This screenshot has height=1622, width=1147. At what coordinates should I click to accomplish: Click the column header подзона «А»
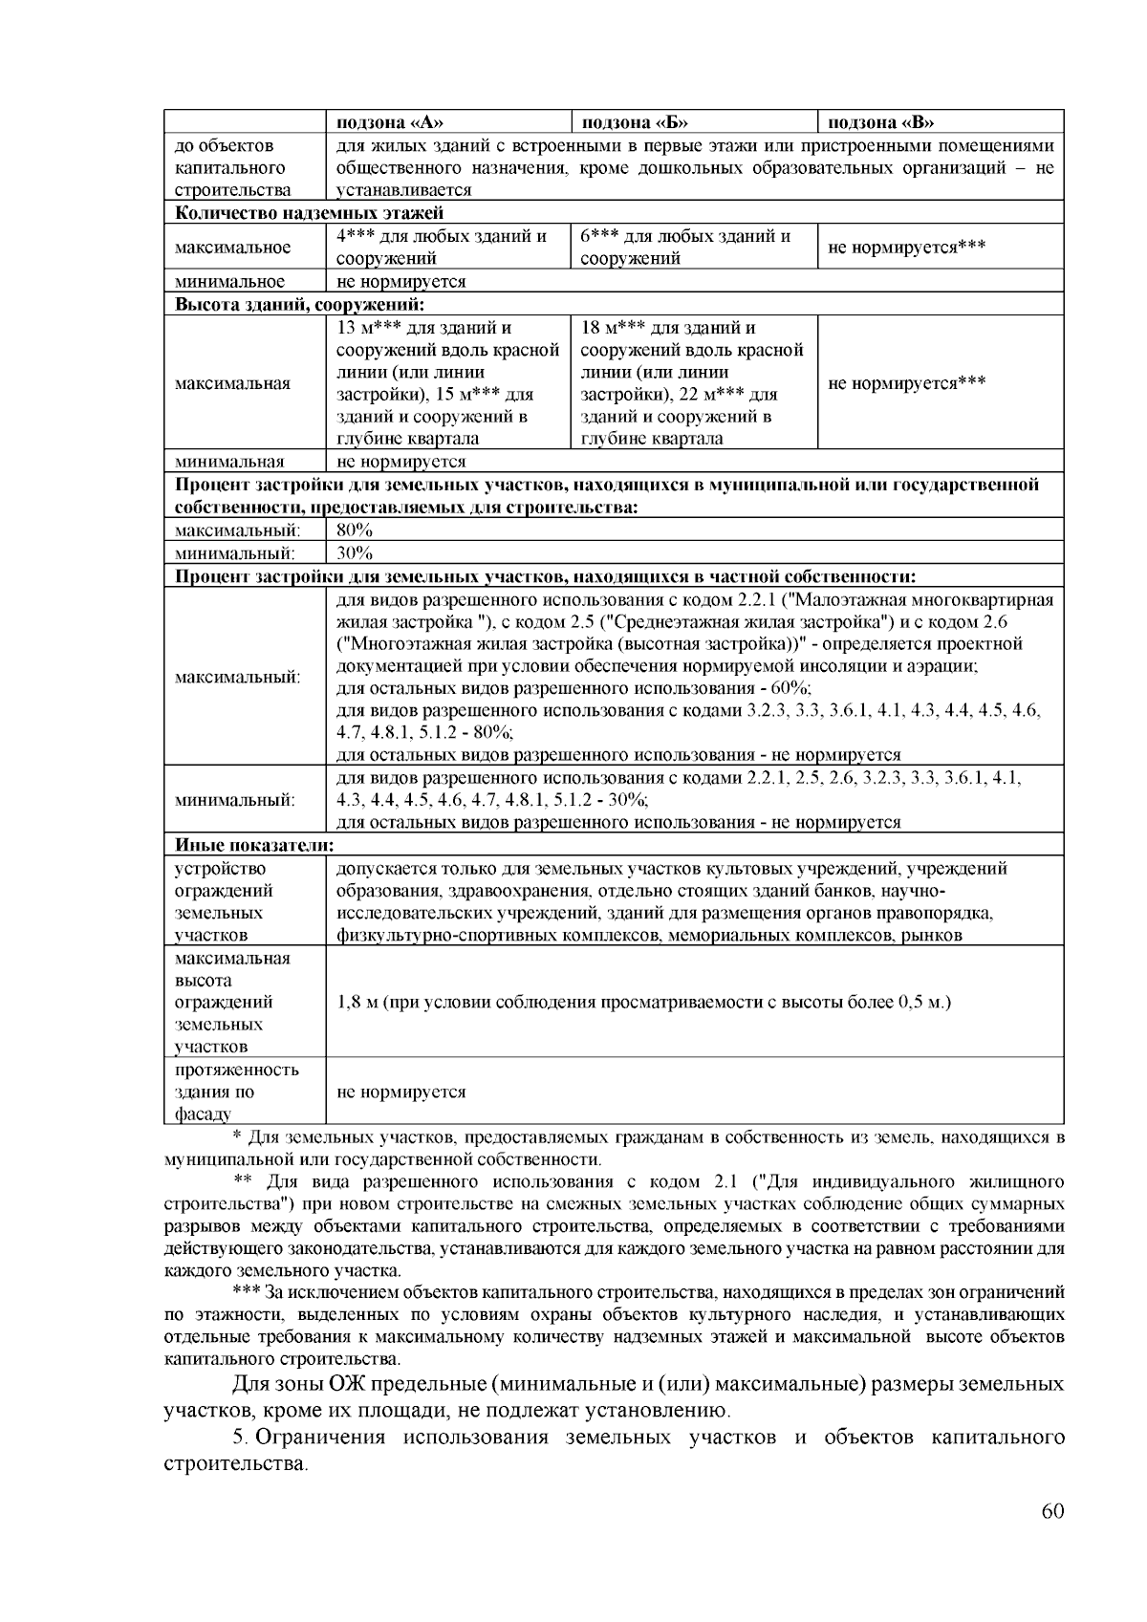(x=391, y=121)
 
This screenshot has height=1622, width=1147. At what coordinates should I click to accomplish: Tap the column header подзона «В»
(x=880, y=121)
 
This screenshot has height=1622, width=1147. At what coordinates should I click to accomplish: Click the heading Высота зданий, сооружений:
(x=299, y=304)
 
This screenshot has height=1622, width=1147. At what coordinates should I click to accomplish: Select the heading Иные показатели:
(x=254, y=845)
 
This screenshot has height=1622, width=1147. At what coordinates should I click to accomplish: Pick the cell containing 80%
(x=355, y=530)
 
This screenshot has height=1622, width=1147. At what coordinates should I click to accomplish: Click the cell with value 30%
(x=355, y=552)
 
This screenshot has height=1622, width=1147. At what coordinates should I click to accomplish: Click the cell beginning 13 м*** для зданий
(x=447, y=383)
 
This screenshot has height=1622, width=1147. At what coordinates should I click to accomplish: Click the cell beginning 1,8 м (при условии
(x=644, y=1002)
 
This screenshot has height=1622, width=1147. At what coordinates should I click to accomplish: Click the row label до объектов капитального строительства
(x=231, y=168)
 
